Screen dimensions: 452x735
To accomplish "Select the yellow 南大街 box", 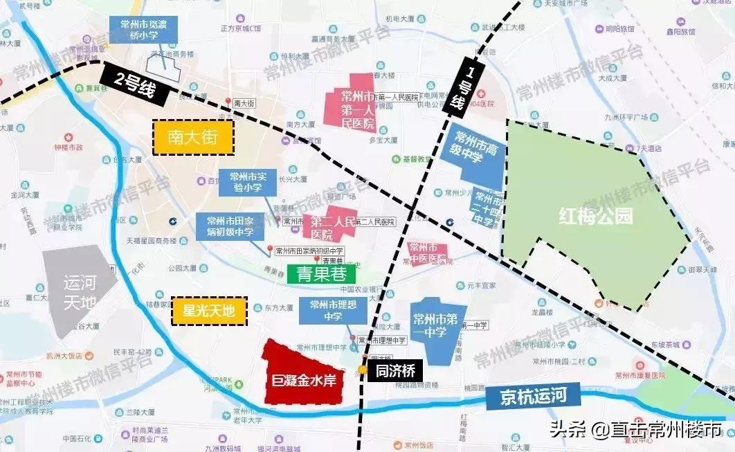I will coord(194,138).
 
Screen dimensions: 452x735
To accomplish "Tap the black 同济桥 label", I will coord(394,370).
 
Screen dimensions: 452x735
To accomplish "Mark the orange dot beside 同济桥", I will coord(363,370).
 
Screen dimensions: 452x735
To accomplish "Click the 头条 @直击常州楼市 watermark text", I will coord(635,430).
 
